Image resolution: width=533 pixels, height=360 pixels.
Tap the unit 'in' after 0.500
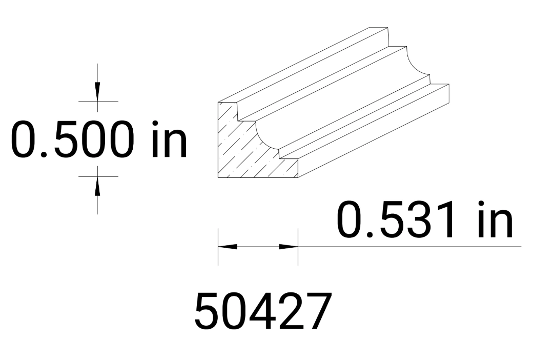pos(170,139)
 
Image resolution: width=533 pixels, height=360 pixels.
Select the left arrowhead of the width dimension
pos(229,246)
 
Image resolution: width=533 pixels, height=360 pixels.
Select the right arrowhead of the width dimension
pos(288,246)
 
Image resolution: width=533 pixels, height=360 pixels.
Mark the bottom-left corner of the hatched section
pos(219,177)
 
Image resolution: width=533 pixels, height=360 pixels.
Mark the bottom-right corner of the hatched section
pos(298,177)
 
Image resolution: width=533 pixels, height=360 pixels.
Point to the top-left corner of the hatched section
pos(219,103)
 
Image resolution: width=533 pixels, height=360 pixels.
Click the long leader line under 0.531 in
pos(410,247)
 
